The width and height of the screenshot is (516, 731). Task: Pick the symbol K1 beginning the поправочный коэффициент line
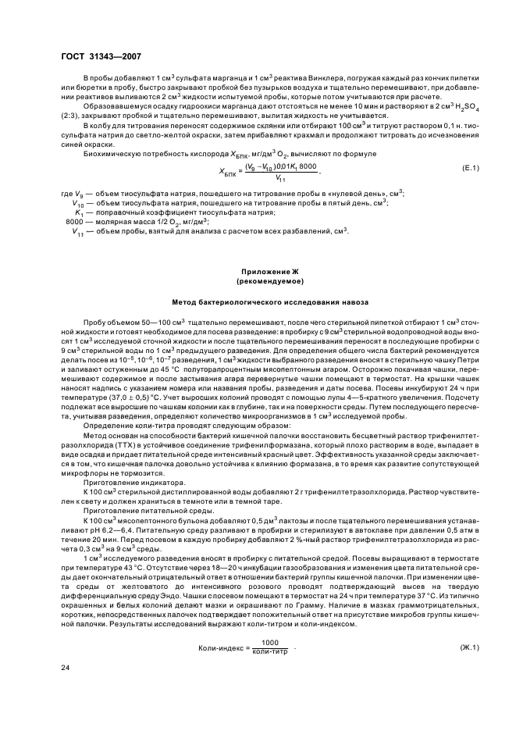tap(79, 234)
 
